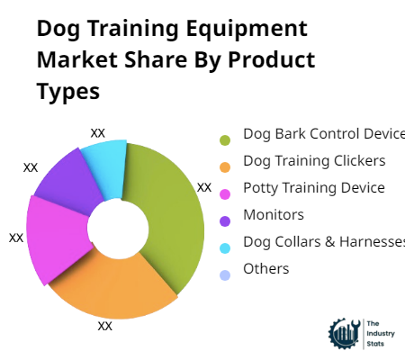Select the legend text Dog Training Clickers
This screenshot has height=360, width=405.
314,161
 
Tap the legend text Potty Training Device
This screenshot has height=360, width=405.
313,188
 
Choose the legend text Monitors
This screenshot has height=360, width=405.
273,215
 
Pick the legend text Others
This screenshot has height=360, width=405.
265,269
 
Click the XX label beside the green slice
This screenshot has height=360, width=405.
204,188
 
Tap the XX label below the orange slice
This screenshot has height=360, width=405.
105,326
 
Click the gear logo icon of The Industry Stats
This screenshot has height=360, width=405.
343,333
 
